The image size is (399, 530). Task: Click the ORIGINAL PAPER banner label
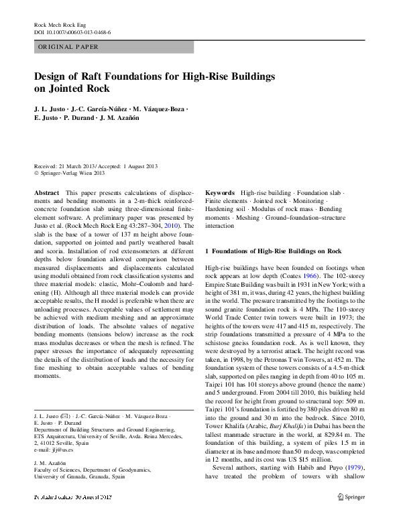tap(68, 47)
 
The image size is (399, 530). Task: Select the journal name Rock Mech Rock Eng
tap(60, 25)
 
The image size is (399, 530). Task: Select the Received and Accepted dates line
tap(95, 165)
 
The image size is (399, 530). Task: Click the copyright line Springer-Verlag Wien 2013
tap(72, 173)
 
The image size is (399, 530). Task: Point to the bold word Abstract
tap(46, 192)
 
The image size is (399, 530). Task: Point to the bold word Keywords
tap(220, 192)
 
